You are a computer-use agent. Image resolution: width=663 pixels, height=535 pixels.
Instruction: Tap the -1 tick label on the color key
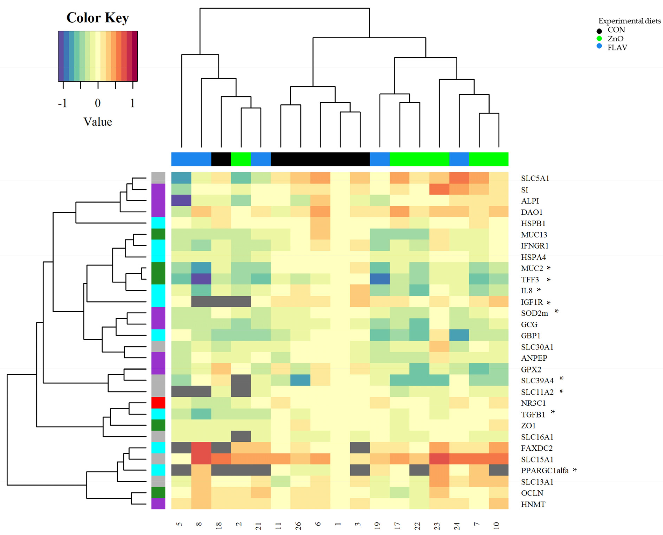(x=63, y=103)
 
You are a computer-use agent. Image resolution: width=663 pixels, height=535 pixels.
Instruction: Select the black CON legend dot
(x=599, y=31)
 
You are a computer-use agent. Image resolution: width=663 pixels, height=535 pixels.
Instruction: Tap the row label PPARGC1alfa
(x=545, y=471)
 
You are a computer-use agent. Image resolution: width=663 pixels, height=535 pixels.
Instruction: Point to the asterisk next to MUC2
(x=548, y=268)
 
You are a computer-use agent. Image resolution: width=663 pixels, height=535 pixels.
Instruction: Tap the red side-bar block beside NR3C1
(x=158, y=403)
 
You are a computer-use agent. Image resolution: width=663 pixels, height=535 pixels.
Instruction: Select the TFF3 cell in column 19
(x=380, y=279)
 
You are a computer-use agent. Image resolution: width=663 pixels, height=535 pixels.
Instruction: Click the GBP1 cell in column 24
(x=459, y=335)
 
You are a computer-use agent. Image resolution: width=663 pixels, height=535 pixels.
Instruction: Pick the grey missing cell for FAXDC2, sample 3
(x=360, y=448)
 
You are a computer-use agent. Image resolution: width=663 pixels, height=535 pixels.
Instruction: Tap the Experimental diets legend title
(x=629, y=21)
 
